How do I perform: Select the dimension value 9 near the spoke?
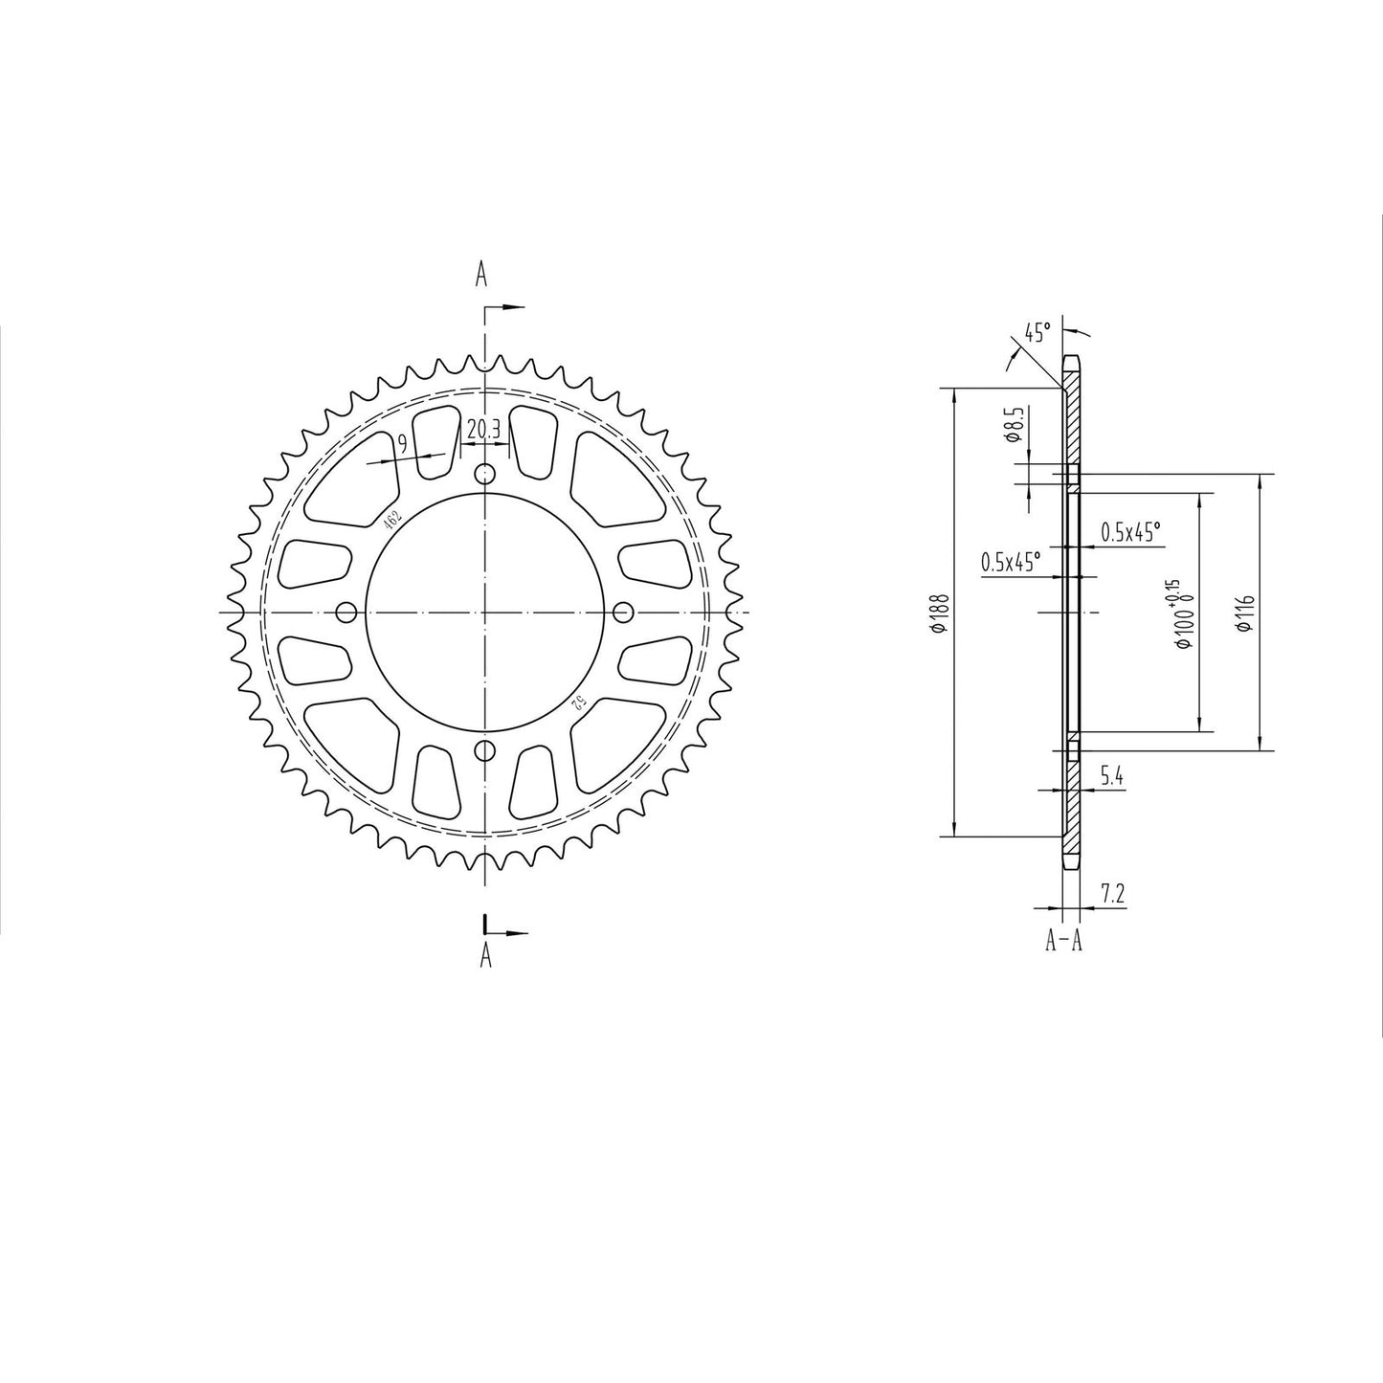coord(403,442)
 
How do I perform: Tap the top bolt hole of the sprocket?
coord(486,474)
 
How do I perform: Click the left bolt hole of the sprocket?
coord(347,612)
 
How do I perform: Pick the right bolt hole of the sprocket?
coord(624,612)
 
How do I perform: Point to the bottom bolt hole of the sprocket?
coord(486,749)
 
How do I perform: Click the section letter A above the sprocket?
coord(482,276)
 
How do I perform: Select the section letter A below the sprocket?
coord(485,954)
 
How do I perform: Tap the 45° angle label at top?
coord(1037,332)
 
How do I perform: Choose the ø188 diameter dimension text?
coord(940,613)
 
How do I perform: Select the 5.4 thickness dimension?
coord(1111,777)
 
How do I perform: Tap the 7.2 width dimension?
coord(1112,894)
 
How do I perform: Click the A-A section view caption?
coord(1063,942)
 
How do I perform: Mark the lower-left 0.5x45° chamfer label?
coord(1010,562)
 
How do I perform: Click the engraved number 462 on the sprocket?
coord(391,520)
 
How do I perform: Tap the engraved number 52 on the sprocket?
coord(579,703)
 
